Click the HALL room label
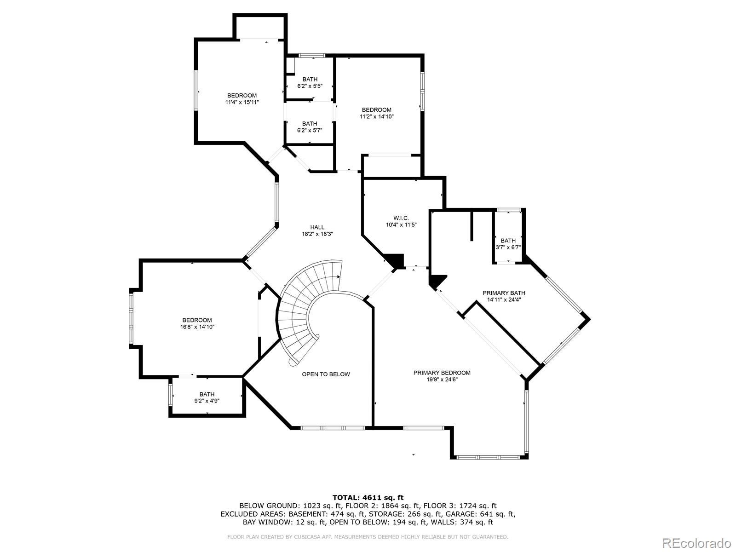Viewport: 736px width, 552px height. pyautogui.click(x=317, y=227)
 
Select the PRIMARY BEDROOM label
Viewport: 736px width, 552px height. pyautogui.click(x=442, y=373)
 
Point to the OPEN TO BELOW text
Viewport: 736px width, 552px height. pyautogui.click(x=326, y=374)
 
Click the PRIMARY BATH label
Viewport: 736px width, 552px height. pyautogui.click(x=504, y=293)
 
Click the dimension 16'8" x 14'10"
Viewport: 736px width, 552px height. pyautogui.click(x=197, y=327)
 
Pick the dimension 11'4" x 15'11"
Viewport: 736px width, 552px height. pyautogui.click(x=242, y=103)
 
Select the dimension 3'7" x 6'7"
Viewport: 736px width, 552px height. pyautogui.click(x=508, y=247)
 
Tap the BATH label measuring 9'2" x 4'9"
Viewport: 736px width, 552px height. pyautogui.click(x=207, y=394)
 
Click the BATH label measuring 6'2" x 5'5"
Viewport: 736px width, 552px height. pyautogui.click(x=310, y=80)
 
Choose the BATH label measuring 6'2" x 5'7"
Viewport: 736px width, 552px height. pyautogui.click(x=310, y=124)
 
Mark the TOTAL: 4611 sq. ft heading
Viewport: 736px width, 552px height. pyautogui.click(x=368, y=497)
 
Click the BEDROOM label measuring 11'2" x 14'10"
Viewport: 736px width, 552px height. pyautogui.click(x=376, y=110)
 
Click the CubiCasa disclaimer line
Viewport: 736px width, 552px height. pyautogui.click(x=368, y=537)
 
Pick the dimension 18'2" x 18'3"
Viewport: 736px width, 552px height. pyautogui.click(x=317, y=234)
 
